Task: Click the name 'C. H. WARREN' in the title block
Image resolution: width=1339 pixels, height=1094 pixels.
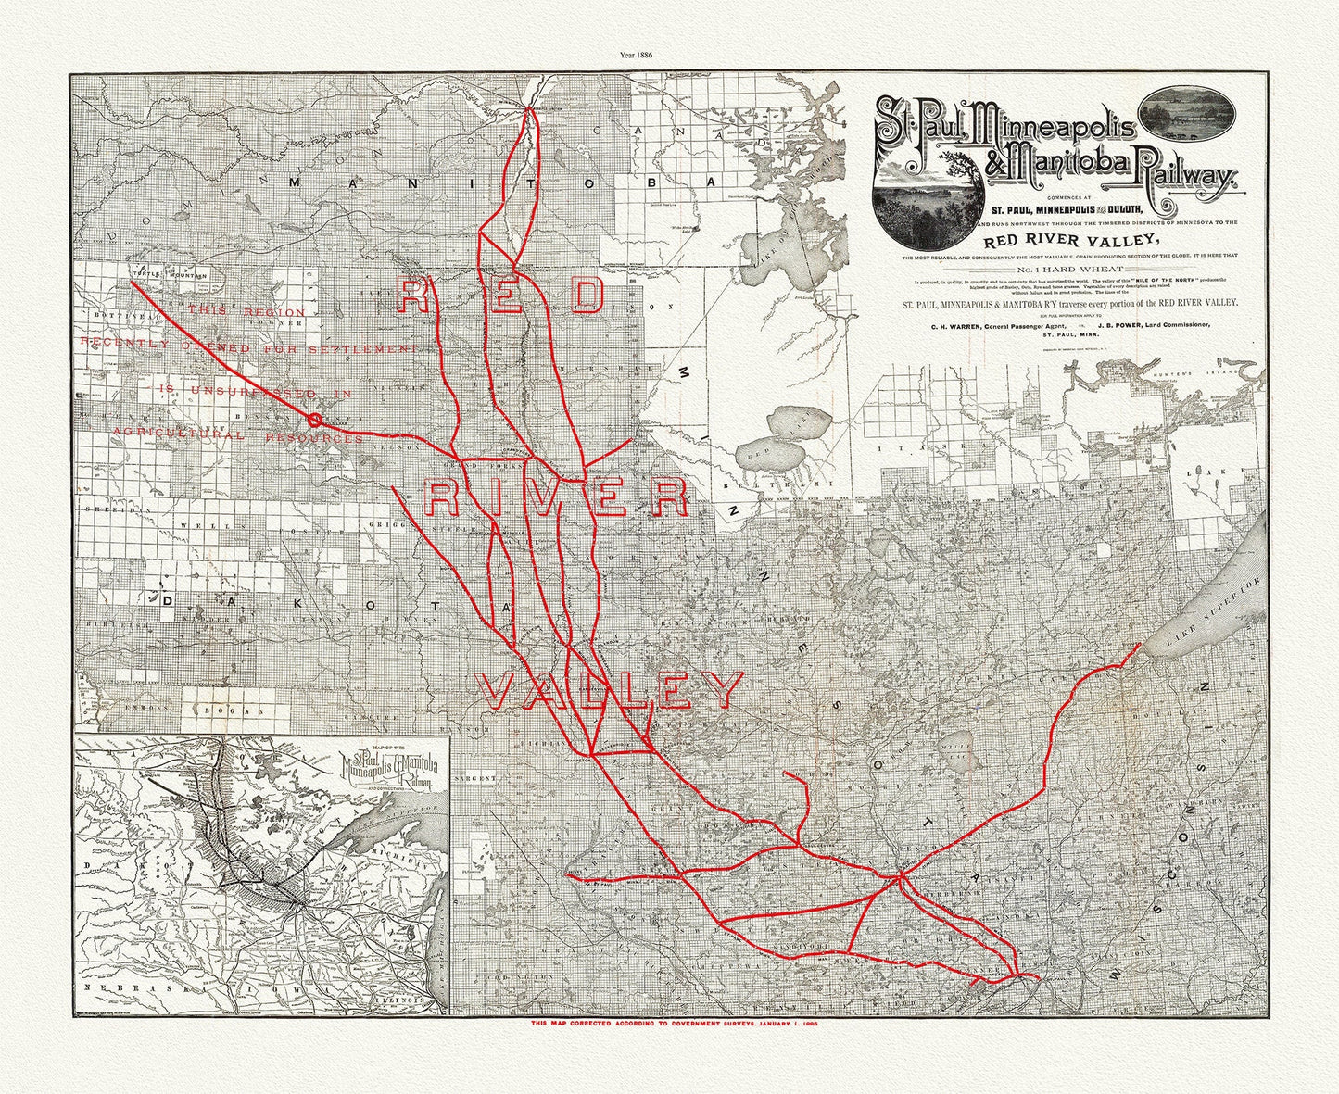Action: click(x=943, y=326)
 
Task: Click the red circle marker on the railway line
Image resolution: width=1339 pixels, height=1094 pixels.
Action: click(x=314, y=420)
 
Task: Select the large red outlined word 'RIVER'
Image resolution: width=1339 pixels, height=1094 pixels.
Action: click(x=556, y=499)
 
